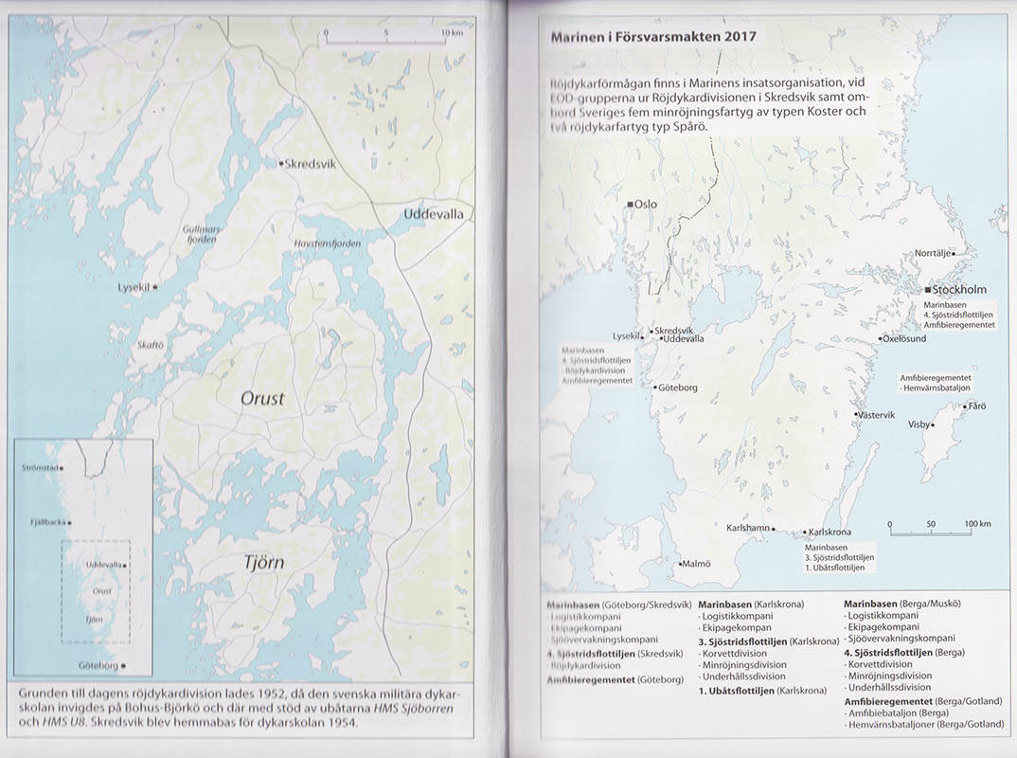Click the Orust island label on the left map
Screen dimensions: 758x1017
[261, 399]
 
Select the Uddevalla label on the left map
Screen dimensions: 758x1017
[433, 214]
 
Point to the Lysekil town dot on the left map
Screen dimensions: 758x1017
[155, 286]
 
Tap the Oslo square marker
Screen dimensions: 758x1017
[630, 205]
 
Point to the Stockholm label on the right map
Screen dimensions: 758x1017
[959, 289]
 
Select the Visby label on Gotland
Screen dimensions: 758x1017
[919, 424]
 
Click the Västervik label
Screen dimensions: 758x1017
[875, 415]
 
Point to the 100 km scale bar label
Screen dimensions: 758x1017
[977, 524]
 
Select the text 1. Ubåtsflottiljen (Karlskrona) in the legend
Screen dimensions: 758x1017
[758, 691]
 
